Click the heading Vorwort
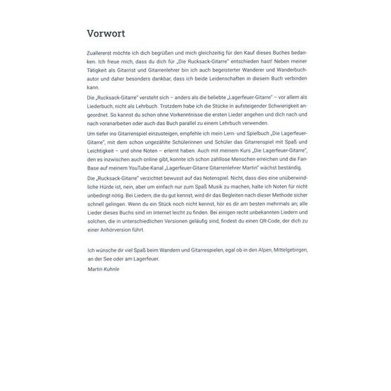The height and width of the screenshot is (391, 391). point(106,34)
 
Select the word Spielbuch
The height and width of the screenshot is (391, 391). point(243,132)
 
